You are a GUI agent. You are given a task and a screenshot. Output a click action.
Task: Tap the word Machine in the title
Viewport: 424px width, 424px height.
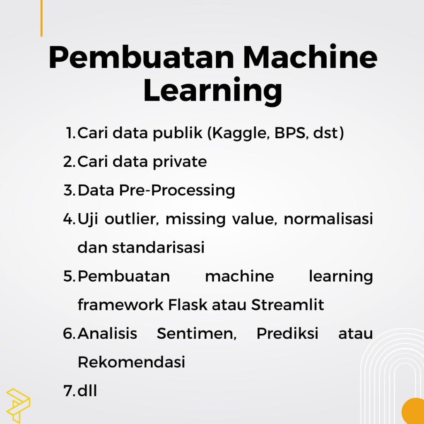tap(310, 57)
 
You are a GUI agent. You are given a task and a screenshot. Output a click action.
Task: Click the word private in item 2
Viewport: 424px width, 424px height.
tap(180, 162)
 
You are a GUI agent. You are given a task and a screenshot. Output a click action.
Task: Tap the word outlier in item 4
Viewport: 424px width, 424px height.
tap(132, 219)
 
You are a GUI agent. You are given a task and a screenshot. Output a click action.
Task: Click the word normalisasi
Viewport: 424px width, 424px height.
tap(328, 219)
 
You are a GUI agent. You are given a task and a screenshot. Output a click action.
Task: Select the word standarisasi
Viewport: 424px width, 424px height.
tap(158, 247)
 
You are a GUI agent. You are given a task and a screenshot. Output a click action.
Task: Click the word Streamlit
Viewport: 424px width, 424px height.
tap(287, 304)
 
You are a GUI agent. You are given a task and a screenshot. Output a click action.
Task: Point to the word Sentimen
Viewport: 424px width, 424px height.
tap(197, 333)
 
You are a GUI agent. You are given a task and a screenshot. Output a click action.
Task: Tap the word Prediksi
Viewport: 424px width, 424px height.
tap(287, 333)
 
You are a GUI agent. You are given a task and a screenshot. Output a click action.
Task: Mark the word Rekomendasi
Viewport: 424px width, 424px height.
tap(131, 362)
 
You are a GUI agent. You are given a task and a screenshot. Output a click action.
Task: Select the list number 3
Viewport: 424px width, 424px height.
tap(70, 190)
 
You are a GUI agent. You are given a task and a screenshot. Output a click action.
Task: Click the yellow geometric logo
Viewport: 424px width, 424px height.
tap(18, 406)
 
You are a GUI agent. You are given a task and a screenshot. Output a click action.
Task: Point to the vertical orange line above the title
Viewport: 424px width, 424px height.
tap(41, 18)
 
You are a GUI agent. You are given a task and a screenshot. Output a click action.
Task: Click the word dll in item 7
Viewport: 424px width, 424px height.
tap(87, 390)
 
